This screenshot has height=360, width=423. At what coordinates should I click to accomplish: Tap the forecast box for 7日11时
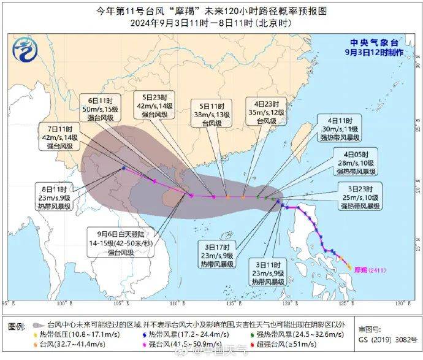(59, 139)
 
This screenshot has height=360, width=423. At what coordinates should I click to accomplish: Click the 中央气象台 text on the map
(374, 43)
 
